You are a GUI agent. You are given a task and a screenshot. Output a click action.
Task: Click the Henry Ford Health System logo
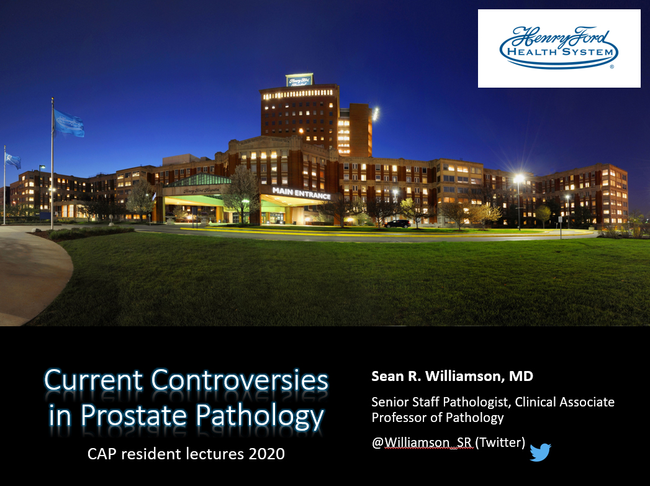559,48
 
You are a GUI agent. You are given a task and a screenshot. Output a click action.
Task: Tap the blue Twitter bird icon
540,452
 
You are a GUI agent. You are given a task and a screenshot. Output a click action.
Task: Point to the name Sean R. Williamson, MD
452,377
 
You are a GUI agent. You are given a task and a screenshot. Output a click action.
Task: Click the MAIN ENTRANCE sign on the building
301,193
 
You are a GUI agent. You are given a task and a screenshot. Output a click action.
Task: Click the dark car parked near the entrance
397,224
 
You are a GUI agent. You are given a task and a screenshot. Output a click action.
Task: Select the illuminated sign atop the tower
299,80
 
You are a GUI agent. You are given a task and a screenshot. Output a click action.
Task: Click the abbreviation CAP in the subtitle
101,454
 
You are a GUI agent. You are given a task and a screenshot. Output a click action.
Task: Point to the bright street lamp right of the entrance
519,179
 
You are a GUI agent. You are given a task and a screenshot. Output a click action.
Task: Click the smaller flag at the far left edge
12,160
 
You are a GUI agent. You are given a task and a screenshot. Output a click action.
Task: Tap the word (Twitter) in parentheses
501,442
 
